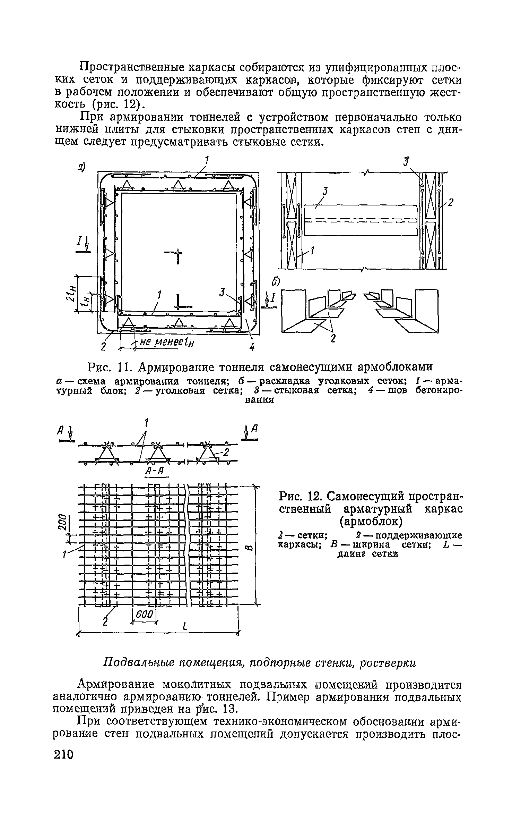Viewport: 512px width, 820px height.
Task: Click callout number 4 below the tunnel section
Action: click(x=252, y=346)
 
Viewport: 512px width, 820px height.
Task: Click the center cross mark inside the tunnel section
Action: click(x=177, y=256)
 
